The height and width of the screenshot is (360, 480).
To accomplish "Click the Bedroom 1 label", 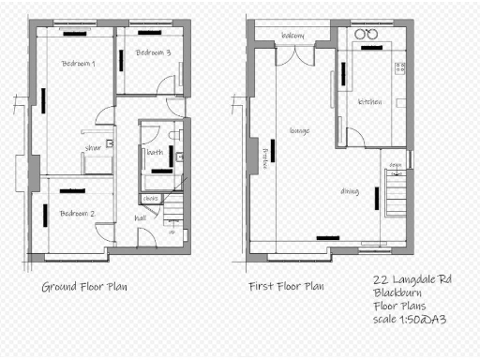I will coord(79,64).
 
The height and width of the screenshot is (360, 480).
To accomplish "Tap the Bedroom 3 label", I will coord(153,52).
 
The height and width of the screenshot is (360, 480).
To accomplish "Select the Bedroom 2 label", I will coord(78,214).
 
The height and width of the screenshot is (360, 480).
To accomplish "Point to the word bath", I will coord(155,151).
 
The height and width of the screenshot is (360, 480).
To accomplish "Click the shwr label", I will coord(93,147).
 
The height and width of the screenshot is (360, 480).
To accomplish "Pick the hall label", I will coord(141,217).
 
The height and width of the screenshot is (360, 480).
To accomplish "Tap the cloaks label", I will coord(150,198).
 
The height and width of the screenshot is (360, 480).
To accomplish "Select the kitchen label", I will coord(369,102).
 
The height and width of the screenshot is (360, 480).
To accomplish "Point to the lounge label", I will coord(300,130).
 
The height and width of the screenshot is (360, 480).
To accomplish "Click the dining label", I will coord(351,191).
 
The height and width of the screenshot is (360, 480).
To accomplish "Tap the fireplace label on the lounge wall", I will coord(266,157).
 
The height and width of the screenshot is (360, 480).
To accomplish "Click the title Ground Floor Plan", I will coord(84,286).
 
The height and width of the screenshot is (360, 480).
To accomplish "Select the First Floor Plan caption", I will coord(286,286).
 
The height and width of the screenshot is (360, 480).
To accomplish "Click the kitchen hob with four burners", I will coord(399,67).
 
